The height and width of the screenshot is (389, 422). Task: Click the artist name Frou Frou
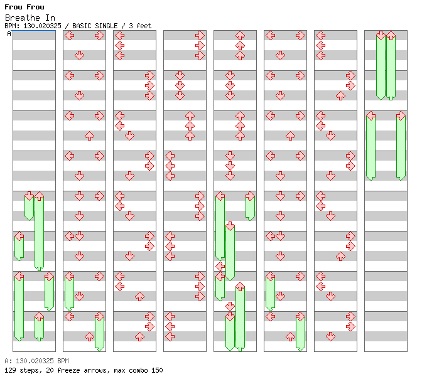(x=24, y=7)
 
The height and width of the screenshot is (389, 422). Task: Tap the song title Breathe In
(x=30, y=18)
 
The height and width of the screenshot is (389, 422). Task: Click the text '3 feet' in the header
(x=140, y=26)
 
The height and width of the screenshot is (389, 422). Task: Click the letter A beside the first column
(x=9, y=34)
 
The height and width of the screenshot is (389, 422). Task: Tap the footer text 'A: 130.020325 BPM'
(x=36, y=361)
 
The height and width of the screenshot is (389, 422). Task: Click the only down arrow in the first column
(x=29, y=196)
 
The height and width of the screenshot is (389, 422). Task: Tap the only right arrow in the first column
(x=49, y=276)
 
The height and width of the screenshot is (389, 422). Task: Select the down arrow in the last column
(x=381, y=35)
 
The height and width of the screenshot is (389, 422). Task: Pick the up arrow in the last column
(x=391, y=35)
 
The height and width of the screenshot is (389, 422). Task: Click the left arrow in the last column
(x=371, y=115)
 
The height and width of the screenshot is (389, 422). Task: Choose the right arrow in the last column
(x=401, y=115)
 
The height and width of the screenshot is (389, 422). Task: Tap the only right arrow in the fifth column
(x=251, y=196)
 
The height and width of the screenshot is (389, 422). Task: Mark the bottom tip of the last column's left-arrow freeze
(x=371, y=181)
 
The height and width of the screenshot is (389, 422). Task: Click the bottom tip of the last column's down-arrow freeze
(x=381, y=100)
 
